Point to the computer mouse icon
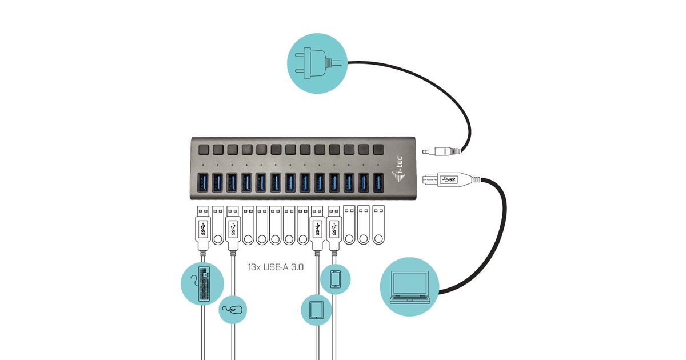pyautogui.click(x=233, y=310)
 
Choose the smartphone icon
pyautogui.click(x=335, y=278)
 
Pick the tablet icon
pyautogui.click(x=317, y=310)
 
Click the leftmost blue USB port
pyautogui.click(x=203, y=182)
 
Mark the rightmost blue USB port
pyautogui.click(x=378, y=182)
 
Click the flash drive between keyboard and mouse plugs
pyautogui.click(x=218, y=226)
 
